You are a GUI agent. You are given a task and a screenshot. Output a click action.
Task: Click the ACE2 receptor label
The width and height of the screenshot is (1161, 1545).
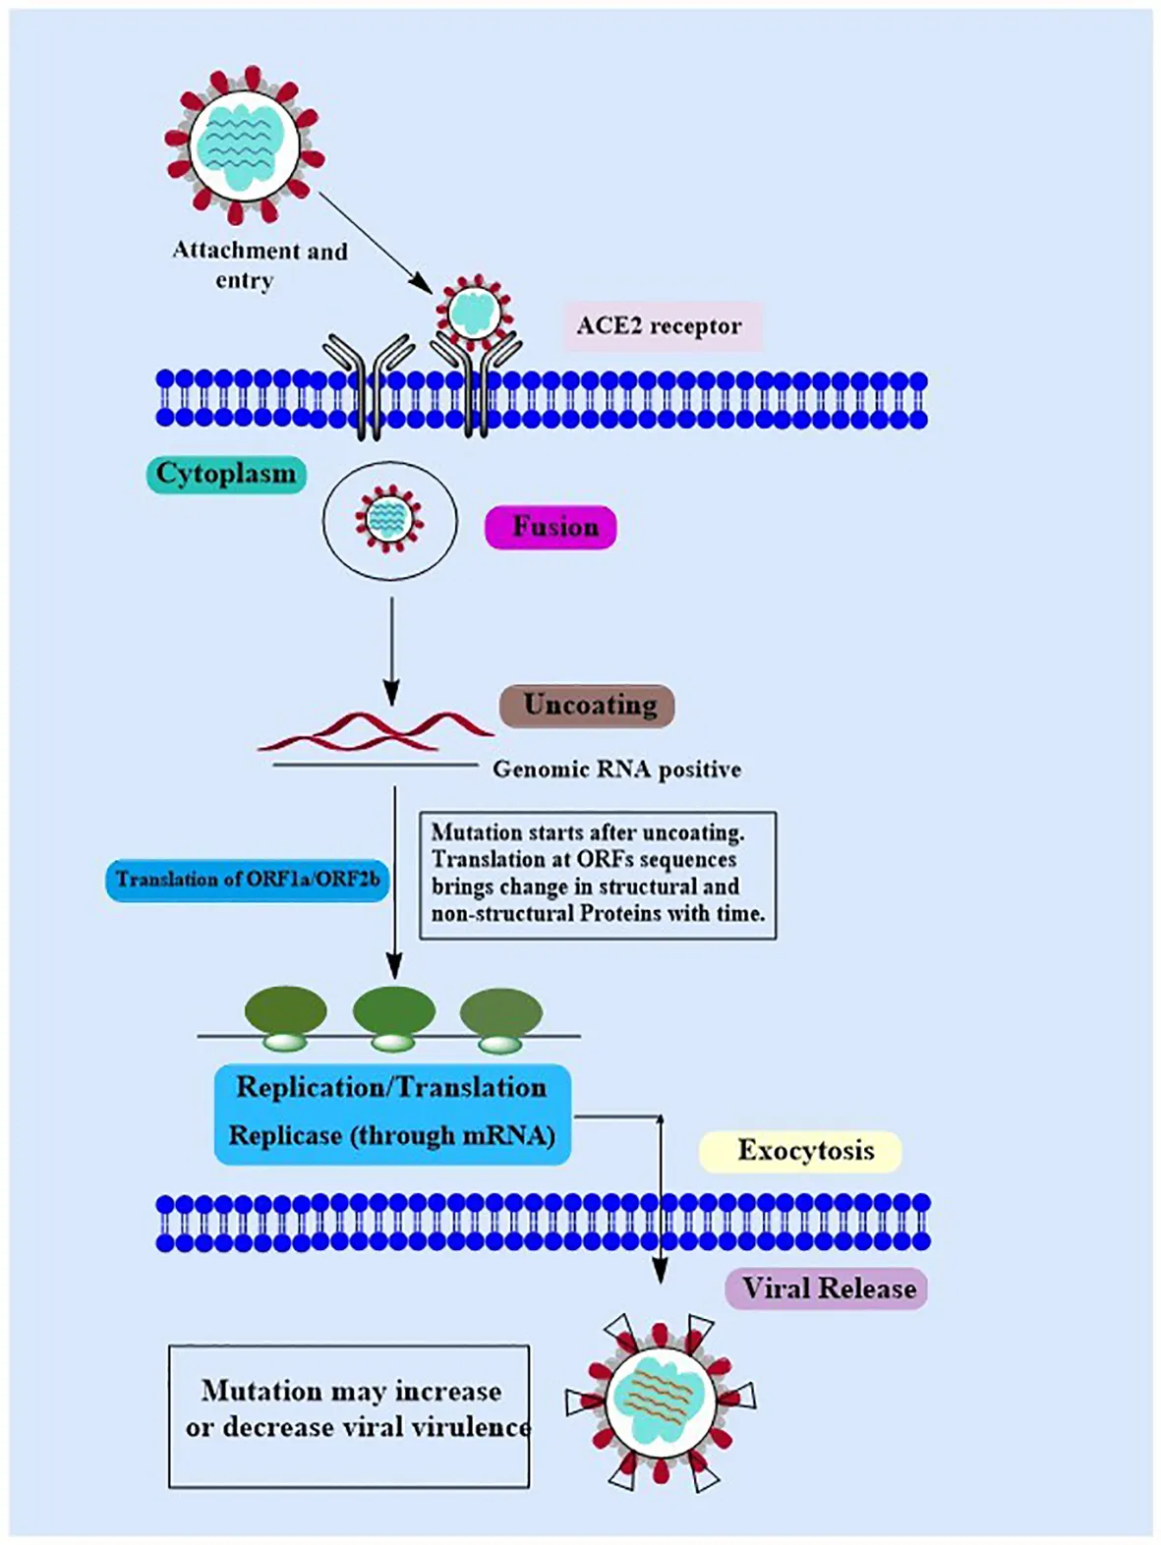[660, 326]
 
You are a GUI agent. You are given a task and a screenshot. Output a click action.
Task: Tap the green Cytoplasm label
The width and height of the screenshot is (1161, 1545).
[226, 474]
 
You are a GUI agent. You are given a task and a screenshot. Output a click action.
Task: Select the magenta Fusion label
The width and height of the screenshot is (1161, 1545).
[551, 527]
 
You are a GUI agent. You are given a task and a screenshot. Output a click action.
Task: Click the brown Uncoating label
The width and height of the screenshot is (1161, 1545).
[588, 705]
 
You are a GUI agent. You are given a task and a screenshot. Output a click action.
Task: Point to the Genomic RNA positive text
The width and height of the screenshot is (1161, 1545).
[616, 769]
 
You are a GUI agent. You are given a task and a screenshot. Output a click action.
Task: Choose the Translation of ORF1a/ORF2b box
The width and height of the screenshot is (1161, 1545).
[248, 879]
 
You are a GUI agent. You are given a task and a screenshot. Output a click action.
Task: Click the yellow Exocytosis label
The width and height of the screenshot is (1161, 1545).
[801, 1151]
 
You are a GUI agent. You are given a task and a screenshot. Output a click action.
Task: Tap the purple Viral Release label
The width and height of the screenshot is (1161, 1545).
[827, 1288]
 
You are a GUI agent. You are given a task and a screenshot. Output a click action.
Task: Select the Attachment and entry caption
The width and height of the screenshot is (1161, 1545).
[259, 264]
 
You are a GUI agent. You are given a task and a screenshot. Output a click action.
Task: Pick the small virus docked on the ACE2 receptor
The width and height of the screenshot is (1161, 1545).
[474, 312]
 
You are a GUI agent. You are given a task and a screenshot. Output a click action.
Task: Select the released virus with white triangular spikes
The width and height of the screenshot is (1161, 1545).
[660, 1401]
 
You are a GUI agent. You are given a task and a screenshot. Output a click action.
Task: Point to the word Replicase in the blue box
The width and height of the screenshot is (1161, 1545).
[285, 1135]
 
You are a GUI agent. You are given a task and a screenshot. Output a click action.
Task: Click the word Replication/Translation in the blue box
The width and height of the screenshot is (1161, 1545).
[391, 1087]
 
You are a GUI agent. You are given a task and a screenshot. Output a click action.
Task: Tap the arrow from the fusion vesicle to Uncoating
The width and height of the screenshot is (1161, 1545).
[391, 649]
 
